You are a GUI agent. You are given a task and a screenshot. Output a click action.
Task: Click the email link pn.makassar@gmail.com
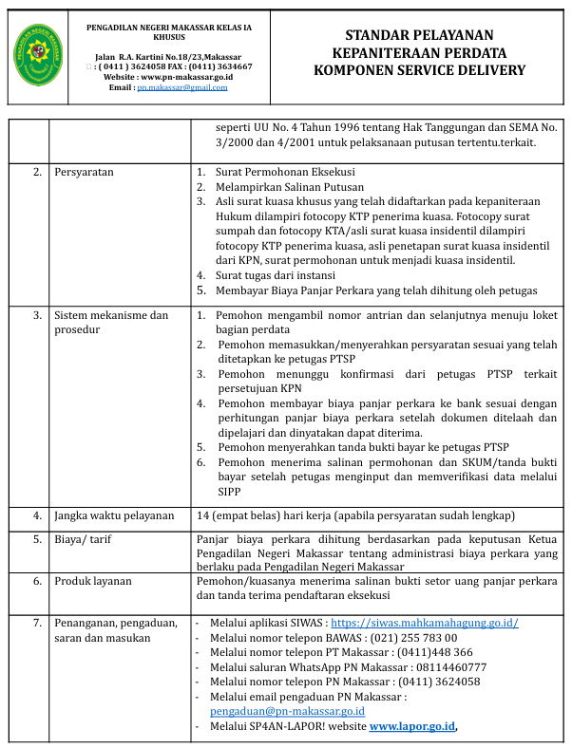(x=181, y=87)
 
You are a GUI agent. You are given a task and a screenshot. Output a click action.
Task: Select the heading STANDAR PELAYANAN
(x=419, y=35)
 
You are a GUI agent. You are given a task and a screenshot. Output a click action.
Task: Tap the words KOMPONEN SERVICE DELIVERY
(x=419, y=70)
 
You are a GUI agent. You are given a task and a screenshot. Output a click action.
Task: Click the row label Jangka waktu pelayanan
(x=114, y=515)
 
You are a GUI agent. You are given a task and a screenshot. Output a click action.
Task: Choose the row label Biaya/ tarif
(x=84, y=540)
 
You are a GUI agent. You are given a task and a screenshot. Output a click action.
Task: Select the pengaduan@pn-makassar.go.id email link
(x=287, y=710)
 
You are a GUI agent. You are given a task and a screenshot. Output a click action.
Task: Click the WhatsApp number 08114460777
(x=444, y=667)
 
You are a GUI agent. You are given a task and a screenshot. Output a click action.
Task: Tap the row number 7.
(x=37, y=623)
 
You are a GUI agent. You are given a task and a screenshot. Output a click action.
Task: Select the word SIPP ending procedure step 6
(x=229, y=492)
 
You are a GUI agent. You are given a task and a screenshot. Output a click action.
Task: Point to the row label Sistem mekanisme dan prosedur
(x=111, y=322)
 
